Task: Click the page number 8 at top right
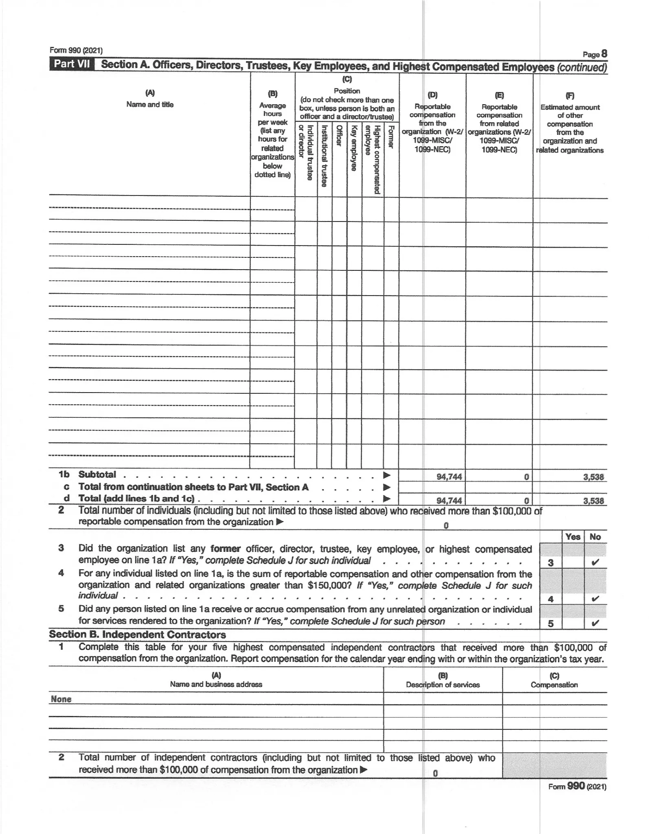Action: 604,54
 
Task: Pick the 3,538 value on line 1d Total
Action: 593,501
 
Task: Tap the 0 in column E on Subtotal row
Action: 526,477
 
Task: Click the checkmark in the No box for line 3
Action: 595,563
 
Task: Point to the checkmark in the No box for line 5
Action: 595,623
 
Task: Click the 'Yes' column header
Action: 572,537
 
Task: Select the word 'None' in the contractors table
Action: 61,699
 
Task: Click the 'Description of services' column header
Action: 443,685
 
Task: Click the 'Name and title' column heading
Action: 150,105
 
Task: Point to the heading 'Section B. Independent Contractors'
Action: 137,635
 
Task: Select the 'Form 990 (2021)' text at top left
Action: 76,50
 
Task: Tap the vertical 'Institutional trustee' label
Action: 324,156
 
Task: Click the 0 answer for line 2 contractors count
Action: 435,773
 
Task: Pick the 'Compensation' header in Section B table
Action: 554,685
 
